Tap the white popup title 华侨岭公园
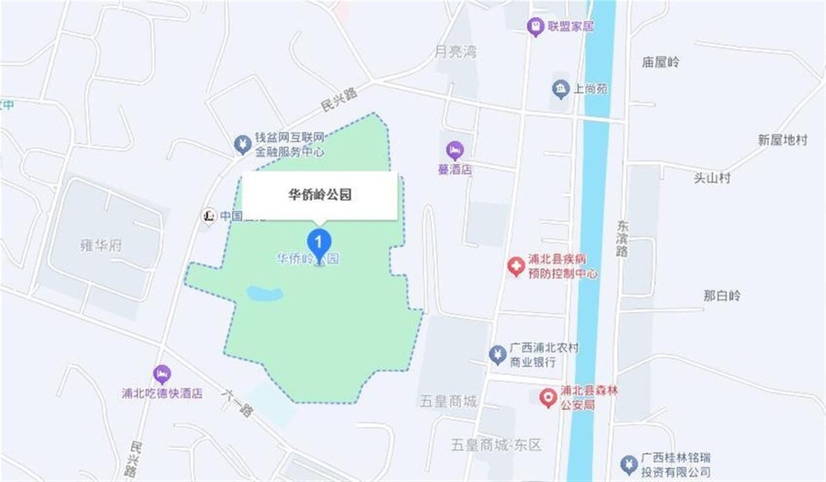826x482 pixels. click(319, 195)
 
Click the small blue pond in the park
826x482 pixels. click(265, 294)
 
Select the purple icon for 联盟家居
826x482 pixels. click(535, 27)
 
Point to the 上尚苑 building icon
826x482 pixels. click(560, 88)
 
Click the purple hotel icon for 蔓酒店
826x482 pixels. click(454, 150)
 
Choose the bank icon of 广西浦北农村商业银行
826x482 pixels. click(496, 354)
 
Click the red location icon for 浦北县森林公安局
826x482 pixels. click(546, 397)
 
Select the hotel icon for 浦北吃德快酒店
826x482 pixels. click(161, 374)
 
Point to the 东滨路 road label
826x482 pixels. click(622, 238)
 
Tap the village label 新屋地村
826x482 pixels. click(782, 139)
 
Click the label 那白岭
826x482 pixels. click(721, 295)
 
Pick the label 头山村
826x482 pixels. click(712, 177)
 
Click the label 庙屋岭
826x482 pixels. click(660, 62)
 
